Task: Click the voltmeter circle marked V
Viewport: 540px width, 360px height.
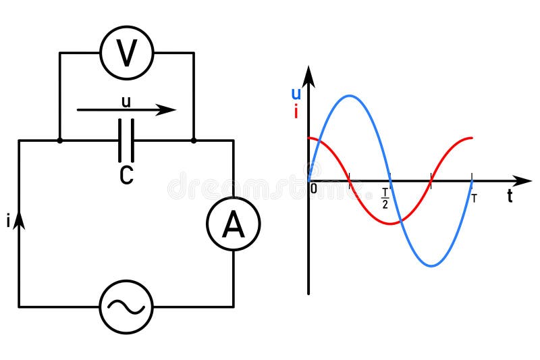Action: [x=126, y=53]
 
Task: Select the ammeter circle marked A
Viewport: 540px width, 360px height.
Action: [x=233, y=224]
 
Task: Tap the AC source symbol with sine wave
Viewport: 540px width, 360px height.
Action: [x=126, y=307]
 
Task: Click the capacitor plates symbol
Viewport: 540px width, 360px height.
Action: [x=126, y=140]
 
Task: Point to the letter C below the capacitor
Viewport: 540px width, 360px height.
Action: [x=126, y=175]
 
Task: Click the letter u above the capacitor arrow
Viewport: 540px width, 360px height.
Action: [x=126, y=101]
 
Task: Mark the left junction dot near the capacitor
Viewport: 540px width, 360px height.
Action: [x=60, y=140]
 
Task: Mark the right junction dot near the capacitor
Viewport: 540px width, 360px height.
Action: [x=194, y=140]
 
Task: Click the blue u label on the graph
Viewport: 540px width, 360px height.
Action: [x=296, y=95]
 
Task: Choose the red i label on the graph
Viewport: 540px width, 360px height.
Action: [x=296, y=112]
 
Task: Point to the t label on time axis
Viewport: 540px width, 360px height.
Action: [x=510, y=197]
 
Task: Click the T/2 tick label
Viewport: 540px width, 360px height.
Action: [x=385, y=199]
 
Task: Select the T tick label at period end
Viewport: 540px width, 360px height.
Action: [x=474, y=198]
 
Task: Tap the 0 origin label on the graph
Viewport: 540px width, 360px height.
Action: [x=314, y=189]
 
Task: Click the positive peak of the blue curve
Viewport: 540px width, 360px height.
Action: [x=349, y=96]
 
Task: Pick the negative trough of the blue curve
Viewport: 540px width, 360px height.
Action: [x=431, y=266]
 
